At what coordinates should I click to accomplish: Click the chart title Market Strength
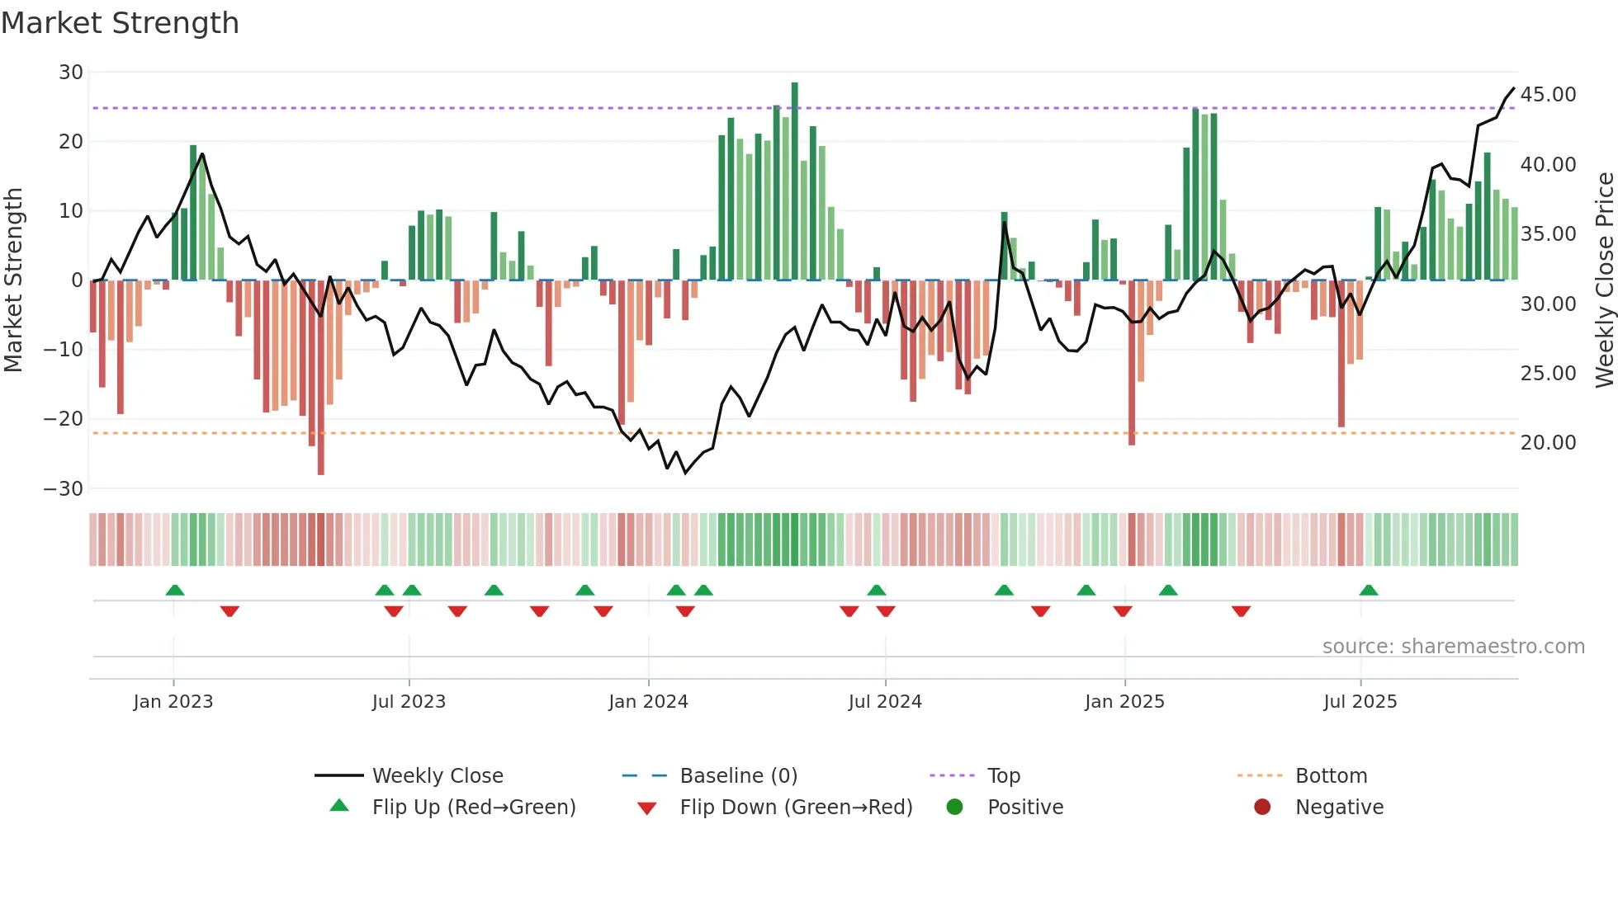pos(120,23)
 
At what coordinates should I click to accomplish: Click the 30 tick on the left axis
pos(71,73)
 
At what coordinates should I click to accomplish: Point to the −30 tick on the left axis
pos(64,489)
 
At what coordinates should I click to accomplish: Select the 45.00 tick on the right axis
pos(1548,95)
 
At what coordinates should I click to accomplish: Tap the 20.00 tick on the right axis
pos(1548,443)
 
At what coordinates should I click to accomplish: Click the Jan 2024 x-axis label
pos(648,702)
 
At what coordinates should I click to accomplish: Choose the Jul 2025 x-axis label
pos(1360,702)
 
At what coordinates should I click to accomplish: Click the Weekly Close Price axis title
pos(1604,280)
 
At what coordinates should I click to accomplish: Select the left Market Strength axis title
pos(13,280)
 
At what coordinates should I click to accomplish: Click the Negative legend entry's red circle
pos(1262,807)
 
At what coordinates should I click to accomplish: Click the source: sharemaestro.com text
pos(1453,647)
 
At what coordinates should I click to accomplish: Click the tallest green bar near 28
pos(795,181)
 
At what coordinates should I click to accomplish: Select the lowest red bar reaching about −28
pos(321,379)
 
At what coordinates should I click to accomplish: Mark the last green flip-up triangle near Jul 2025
pos(1368,591)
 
